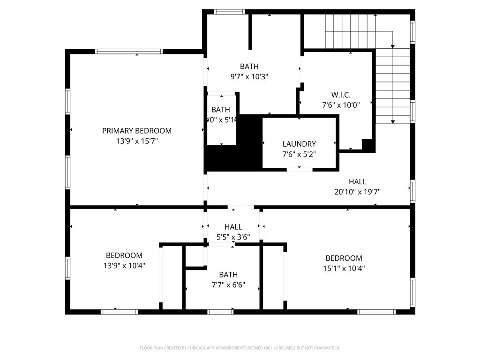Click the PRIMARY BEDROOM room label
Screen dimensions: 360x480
pos(137,131)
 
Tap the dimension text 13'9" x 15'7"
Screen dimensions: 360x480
pos(137,141)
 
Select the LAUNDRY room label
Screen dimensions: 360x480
pos(299,144)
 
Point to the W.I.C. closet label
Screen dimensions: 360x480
pos(341,95)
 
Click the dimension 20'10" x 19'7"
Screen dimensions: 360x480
pos(357,191)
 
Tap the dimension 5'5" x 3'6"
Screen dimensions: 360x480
pos(233,237)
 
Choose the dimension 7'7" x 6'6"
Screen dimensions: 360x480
pos(228,285)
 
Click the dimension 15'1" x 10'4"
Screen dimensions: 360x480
pos(344,268)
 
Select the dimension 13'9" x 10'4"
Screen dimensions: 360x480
pos(124,265)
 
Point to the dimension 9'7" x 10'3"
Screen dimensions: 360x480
pos(249,76)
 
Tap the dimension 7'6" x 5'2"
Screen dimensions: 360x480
pos(299,154)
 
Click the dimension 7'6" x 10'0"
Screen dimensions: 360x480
pos(341,105)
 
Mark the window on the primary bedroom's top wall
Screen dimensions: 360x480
pos(128,52)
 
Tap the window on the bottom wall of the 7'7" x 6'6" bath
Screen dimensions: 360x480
pos(220,312)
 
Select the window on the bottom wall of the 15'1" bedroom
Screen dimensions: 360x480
pos(377,312)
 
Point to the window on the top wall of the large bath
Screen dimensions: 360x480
pos(229,12)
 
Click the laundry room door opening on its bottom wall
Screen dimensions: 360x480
pos(300,169)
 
